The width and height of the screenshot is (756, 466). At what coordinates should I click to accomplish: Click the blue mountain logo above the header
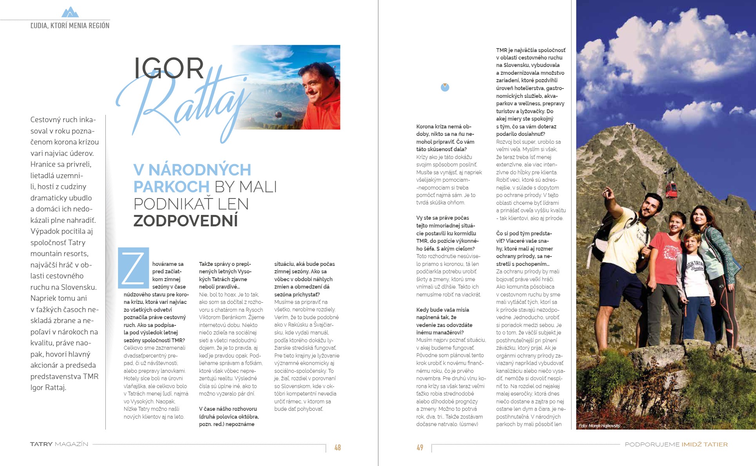(x=70, y=12)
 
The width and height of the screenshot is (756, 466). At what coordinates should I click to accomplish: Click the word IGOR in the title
(x=168, y=69)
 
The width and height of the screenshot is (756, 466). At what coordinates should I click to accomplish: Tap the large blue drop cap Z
(x=133, y=268)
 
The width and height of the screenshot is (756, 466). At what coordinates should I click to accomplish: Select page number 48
(x=337, y=447)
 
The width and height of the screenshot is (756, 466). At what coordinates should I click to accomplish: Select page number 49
(x=420, y=447)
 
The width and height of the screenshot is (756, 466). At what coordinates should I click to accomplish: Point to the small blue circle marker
(x=445, y=87)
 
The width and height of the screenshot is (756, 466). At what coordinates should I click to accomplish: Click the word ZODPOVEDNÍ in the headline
(x=185, y=221)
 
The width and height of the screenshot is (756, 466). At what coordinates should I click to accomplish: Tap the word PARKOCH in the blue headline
(x=171, y=187)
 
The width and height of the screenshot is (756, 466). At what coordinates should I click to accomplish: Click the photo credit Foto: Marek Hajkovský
(x=599, y=426)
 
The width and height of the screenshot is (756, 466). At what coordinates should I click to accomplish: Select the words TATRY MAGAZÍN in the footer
(x=59, y=444)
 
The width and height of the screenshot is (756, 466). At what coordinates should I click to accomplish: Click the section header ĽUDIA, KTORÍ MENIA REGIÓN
(x=70, y=26)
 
